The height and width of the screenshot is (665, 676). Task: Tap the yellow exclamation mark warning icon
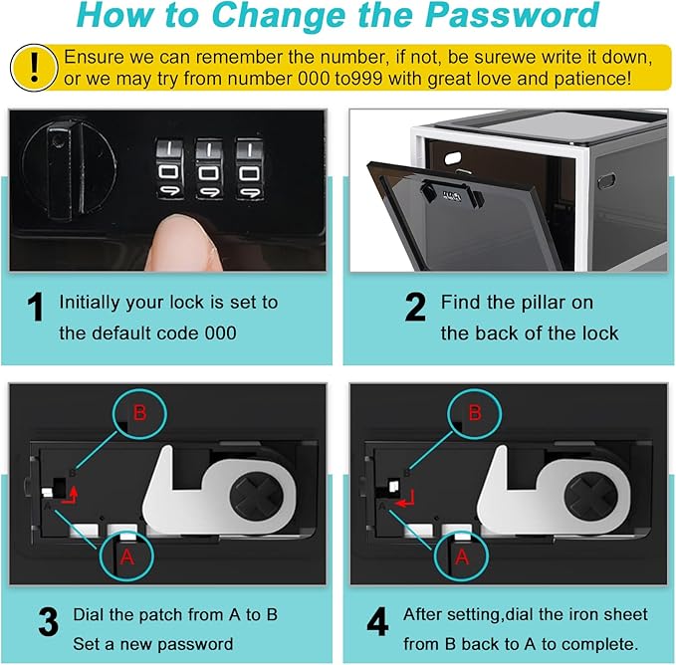34,68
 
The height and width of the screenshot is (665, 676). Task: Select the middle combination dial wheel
209,169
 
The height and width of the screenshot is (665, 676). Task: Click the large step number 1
35,307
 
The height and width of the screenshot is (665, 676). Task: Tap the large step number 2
415,307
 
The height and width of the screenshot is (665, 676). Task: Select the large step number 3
48,622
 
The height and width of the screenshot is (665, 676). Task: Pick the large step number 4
377,622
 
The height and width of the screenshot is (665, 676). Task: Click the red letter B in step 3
139,412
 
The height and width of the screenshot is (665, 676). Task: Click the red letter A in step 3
126,557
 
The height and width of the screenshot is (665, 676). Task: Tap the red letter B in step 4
475,412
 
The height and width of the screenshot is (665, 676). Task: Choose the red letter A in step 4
462,557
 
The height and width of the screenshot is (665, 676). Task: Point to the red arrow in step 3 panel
71,495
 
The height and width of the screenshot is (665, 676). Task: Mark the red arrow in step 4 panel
405,499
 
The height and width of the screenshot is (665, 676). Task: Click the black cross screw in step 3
256,495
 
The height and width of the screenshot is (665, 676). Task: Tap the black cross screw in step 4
591,495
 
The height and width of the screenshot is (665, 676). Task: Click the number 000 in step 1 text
220,333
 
